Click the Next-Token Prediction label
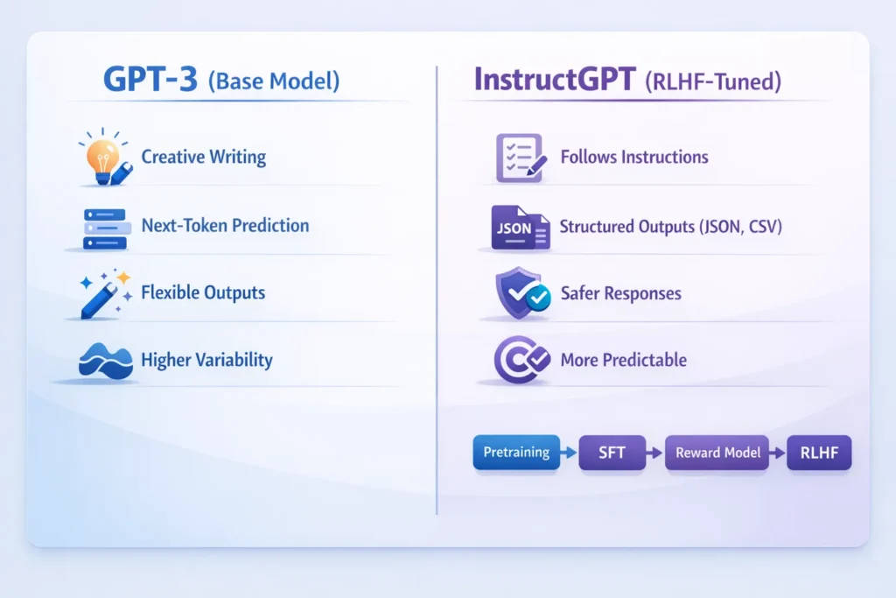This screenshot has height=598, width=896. [225, 225]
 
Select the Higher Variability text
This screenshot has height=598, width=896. [206, 360]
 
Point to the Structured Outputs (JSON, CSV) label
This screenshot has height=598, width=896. [670, 226]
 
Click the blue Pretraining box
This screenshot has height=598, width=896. [516, 453]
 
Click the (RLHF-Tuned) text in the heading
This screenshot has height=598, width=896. [713, 81]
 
